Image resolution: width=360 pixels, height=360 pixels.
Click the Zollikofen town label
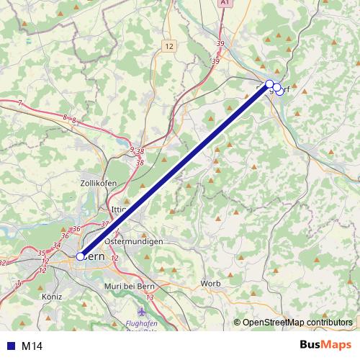[x=99, y=184]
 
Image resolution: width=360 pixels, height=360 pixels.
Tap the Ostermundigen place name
[x=133, y=242]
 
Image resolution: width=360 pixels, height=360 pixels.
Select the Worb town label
[x=211, y=283]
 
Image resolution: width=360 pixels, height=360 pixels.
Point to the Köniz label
[x=52, y=296]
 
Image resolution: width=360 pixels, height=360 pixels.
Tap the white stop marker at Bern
[x=81, y=256]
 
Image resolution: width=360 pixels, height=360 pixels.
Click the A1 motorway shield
[x=225, y=4]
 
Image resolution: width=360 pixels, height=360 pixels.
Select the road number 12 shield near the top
[x=169, y=46]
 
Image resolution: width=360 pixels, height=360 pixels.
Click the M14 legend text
[x=32, y=346]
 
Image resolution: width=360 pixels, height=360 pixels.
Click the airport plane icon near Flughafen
[x=140, y=312]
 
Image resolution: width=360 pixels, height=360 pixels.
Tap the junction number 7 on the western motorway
[x=19, y=104]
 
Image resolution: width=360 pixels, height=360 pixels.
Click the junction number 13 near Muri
[x=150, y=297]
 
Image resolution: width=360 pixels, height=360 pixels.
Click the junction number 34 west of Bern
[x=56, y=245]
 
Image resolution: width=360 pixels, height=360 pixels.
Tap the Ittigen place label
[x=118, y=210]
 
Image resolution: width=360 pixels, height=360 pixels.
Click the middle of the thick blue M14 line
[x=175, y=170]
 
